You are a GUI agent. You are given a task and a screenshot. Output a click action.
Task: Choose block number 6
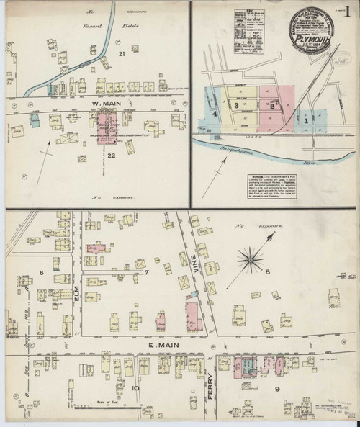point(42,272)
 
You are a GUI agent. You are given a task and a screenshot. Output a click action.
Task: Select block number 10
point(135,389)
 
